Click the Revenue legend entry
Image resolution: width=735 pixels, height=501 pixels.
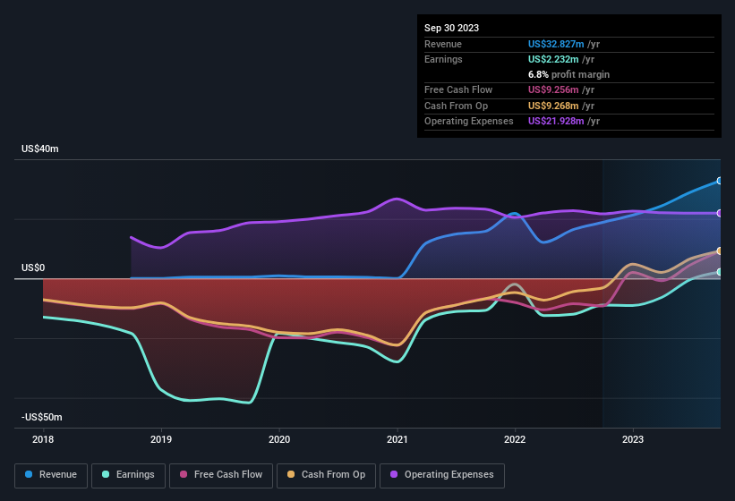click(x=51, y=475)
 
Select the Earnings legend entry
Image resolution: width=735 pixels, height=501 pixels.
click(x=127, y=475)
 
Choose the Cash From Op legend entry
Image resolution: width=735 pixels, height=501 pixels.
click(x=327, y=475)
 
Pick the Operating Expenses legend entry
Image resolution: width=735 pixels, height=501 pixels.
click(x=442, y=475)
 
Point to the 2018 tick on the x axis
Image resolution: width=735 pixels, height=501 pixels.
click(x=43, y=439)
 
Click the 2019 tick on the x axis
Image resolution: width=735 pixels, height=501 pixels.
click(x=161, y=439)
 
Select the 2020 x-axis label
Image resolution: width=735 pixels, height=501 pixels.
click(x=279, y=439)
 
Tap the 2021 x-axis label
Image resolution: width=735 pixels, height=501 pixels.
click(x=397, y=439)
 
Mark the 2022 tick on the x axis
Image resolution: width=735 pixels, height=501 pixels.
click(x=515, y=439)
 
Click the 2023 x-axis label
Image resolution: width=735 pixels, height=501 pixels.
click(x=633, y=439)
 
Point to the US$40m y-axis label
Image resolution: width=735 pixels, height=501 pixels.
click(x=40, y=149)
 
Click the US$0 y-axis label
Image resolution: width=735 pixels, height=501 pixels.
click(x=33, y=267)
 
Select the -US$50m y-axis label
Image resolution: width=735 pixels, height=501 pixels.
click(x=42, y=418)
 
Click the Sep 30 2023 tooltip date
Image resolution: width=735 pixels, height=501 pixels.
click(x=451, y=28)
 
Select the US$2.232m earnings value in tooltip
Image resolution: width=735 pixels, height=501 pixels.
click(x=551, y=59)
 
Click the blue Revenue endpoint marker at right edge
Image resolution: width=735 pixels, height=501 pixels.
click(x=719, y=181)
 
